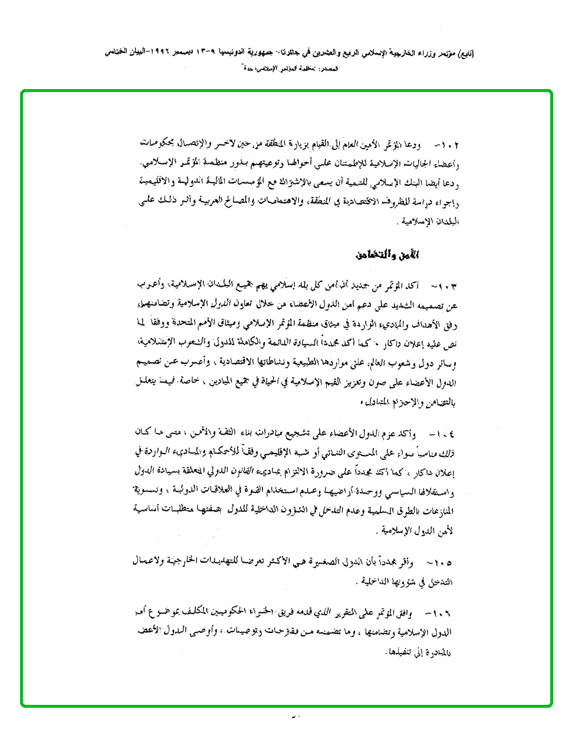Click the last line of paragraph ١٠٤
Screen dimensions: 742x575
415,531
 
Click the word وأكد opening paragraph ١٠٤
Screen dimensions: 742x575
407,435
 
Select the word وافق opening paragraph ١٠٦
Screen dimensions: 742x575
403,614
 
